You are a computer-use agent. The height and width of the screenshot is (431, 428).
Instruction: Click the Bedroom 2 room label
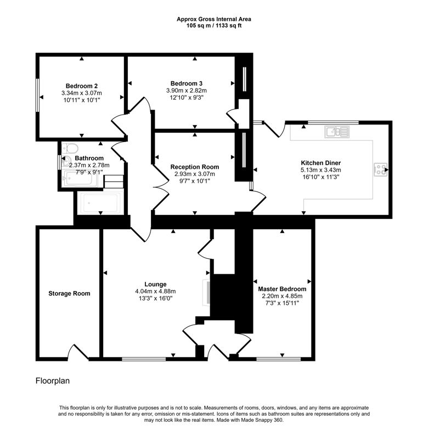(81, 86)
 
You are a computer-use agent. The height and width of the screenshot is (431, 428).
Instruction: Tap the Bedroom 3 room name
(187, 83)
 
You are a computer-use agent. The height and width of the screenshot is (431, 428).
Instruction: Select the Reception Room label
(195, 167)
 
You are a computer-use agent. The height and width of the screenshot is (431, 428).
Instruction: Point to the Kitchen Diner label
(320, 163)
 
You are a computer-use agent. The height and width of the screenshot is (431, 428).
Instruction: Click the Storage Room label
(69, 293)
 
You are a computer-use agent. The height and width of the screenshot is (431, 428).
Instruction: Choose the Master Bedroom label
(282, 289)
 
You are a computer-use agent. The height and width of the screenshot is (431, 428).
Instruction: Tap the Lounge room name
(155, 284)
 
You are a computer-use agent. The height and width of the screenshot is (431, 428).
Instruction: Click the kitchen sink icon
(337, 132)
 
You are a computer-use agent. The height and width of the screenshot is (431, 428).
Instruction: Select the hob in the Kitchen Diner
(380, 169)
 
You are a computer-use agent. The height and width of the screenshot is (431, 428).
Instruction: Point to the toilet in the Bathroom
(70, 149)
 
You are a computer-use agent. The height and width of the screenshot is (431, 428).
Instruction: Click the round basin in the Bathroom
(66, 161)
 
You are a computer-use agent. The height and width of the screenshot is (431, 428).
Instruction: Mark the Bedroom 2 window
(37, 95)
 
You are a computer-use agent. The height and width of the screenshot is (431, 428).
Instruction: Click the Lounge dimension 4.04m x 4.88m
(155, 291)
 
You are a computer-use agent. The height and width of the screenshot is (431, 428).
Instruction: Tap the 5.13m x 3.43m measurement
(320, 170)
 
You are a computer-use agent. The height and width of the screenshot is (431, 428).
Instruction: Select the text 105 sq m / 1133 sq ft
(214, 26)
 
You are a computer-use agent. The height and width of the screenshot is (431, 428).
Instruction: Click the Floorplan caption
(53, 381)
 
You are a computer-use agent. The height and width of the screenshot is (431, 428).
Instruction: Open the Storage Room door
(78, 352)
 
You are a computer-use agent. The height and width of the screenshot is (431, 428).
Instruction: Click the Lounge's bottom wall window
(144, 359)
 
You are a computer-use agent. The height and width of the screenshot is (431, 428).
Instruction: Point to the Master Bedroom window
(279, 359)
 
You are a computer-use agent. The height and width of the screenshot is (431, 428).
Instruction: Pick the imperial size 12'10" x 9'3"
(187, 98)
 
